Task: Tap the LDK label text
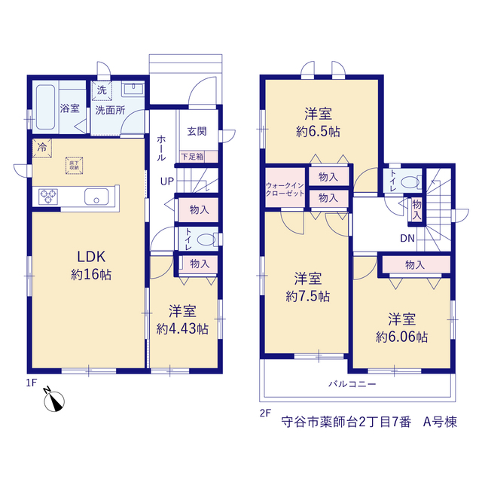pos(91,257)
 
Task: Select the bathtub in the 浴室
pos(45,107)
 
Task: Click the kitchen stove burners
pos(48,197)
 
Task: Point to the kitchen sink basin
pos(96,197)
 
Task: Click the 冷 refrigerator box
pos(42,148)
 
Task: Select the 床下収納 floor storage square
pos(74,166)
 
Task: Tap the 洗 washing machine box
pos(102,90)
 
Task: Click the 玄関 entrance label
pos(197,132)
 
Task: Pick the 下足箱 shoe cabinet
pos(199,157)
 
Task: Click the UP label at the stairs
pos(167,182)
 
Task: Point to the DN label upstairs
pos(407,238)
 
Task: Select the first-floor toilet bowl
pos(206,239)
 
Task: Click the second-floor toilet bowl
pos(410,182)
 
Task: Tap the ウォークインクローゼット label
pos(285,189)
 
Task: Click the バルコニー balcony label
pos(352,384)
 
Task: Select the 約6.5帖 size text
pos(318,133)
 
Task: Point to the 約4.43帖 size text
pos(182,329)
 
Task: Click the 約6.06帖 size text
pos(401,337)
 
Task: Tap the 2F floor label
pos(266,413)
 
